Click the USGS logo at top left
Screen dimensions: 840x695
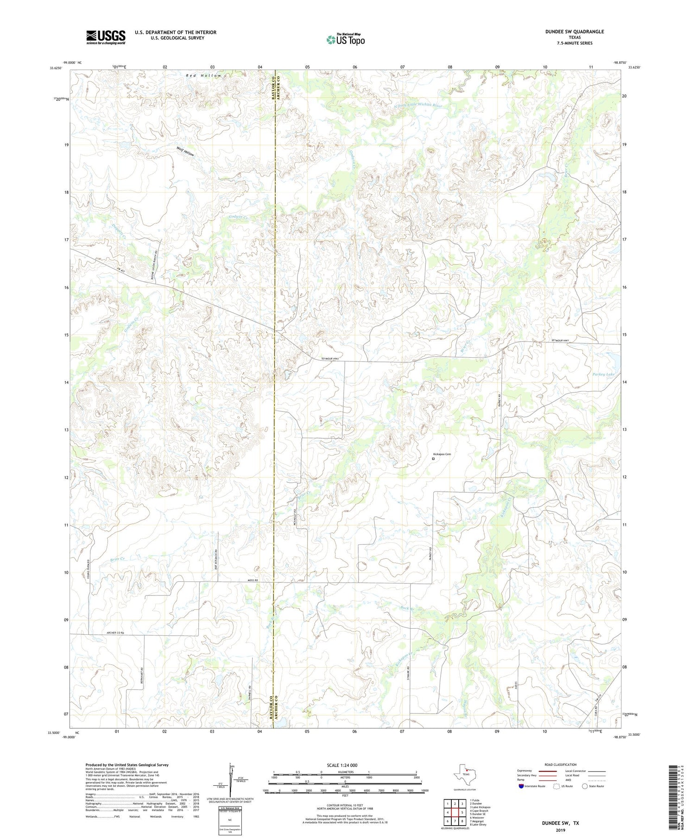pyautogui.click(x=106, y=37)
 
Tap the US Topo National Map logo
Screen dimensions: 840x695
pyautogui.click(x=345, y=39)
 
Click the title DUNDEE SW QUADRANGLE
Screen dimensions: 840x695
pyautogui.click(x=575, y=32)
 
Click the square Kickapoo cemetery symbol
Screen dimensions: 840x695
pyautogui.click(x=433, y=459)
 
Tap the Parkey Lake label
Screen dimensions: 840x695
pyautogui.click(x=603, y=374)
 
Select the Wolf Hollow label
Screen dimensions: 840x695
pyautogui.click(x=185, y=152)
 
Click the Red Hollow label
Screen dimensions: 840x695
pyautogui.click(x=204, y=76)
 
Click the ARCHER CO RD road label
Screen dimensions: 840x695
pyautogui.click(x=116, y=633)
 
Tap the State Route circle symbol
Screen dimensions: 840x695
pyautogui.click(x=585, y=786)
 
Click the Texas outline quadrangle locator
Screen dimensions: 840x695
pyautogui.click(x=465, y=773)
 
